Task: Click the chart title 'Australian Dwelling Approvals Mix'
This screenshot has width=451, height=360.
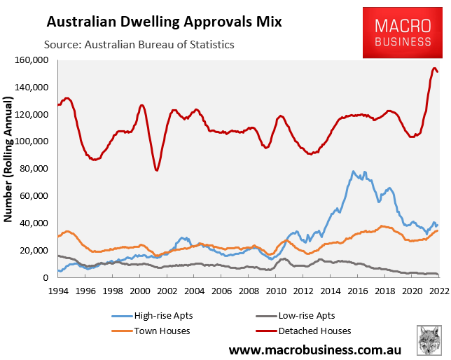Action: click(x=164, y=22)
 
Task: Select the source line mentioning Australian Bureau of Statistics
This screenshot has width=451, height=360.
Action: click(x=139, y=45)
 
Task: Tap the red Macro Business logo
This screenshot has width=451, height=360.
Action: click(x=402, y=33)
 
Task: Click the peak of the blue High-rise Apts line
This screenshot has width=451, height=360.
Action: click(x=354, y=171)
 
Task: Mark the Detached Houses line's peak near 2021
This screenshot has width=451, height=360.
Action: click(x=434, y=68)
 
